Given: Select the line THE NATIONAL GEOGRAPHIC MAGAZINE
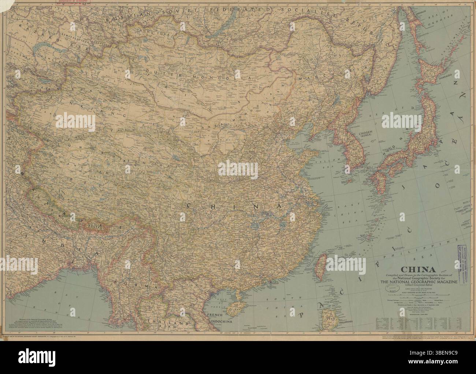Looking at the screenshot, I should (415, 281).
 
